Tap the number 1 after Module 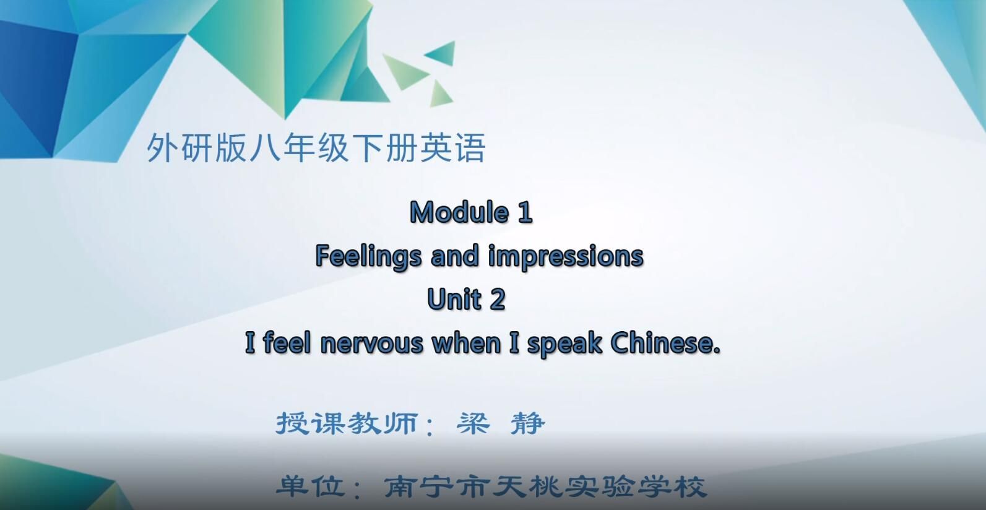click(x=524, y=213)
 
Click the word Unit click(x=454, y=300)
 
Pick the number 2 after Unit click(x=498, y=300)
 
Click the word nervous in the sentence click(x=371, y=343)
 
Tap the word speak click(x=564, y=344)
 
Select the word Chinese click(x=665, y=343)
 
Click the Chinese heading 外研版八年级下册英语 click(x=316, y=149)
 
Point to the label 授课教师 click(x=346, y=423)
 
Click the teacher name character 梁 click(x=473, y=423)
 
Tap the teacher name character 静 click(x=528, y=423)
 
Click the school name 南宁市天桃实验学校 click(x=545, y=486)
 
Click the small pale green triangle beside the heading click(x=440, y=93)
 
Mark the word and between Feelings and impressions click(x=455, y=256)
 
